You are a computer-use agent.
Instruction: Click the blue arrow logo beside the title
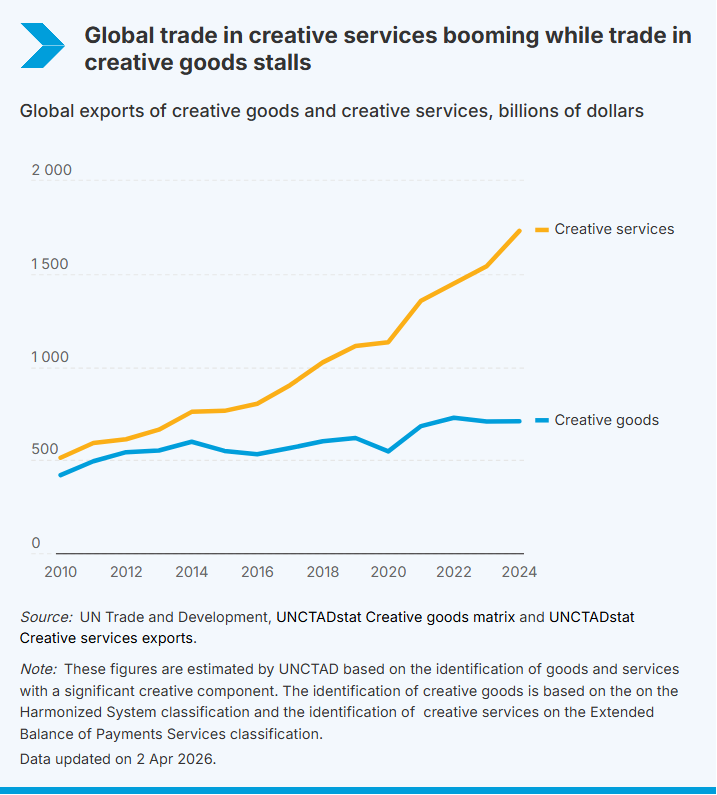pos(41,45)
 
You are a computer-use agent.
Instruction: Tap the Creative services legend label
pos(614,229)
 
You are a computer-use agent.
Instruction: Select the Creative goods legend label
pos(606,420)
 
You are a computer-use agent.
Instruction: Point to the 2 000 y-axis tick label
pos(52,170)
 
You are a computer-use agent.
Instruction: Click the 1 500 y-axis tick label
pos(52,264)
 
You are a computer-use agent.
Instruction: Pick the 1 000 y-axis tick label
pos(52,357)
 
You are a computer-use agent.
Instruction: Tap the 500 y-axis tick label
pos(45,450)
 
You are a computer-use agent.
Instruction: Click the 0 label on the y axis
pos(36,543)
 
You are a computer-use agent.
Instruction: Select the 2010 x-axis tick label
pos(60,572)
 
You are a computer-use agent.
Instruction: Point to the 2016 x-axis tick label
pos(257,572)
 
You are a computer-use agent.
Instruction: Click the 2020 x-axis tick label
pos(388,572)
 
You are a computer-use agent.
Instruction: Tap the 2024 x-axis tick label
pos(519,572)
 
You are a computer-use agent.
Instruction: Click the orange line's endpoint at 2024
pos(520,231)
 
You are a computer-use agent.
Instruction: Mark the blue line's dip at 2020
pos(388,451)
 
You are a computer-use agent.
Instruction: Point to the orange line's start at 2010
pos(60,458)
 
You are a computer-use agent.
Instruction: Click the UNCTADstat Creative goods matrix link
pos(395,617)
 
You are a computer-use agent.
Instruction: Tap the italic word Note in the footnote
pos(39,668)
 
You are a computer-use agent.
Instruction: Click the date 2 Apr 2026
pos(173,758)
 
